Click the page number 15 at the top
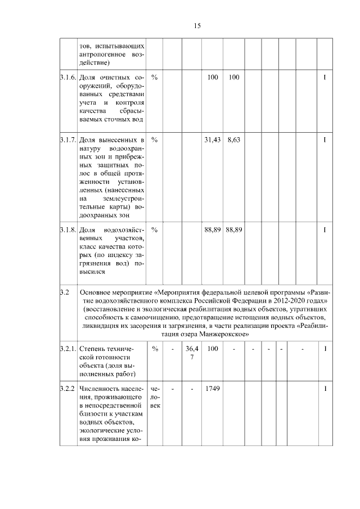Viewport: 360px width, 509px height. pos(197,26)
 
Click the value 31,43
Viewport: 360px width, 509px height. pos(212,139)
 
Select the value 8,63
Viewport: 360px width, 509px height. pos(233,139)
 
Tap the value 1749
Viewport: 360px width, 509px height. pos(212,389)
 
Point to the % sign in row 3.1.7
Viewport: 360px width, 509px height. pos(154,139)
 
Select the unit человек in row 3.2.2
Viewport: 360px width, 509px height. pos(155,397)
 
